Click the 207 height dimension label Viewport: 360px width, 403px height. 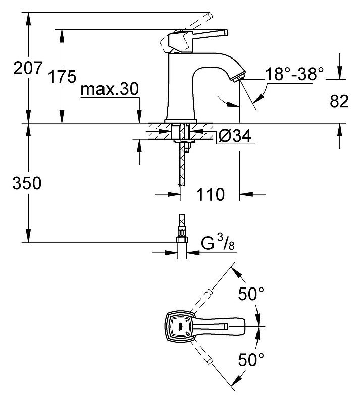click(28, 68)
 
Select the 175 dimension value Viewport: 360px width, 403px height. click(62, 76)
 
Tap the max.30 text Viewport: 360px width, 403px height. click(110, 89)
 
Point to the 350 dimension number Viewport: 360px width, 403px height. click(27, 183)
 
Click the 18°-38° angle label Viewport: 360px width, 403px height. click(294, 74)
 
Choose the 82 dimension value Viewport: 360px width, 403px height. click(339, 101)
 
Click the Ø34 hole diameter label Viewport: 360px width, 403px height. click(235, 136)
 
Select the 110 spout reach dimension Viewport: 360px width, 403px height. click(211, 194)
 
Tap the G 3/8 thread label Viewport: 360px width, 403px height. click(218, 243)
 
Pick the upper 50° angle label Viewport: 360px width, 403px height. click(251, 294)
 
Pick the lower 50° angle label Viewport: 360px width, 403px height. click(251, 359)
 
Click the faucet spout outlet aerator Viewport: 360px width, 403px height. click(238, 78)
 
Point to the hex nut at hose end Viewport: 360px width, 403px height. click(182, 240)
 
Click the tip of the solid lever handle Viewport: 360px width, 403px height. click(226, 33)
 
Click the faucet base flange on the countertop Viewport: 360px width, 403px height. click(181, 121)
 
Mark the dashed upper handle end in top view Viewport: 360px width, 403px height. click(209, 293)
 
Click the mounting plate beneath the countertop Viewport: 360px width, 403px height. click(183, 141)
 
